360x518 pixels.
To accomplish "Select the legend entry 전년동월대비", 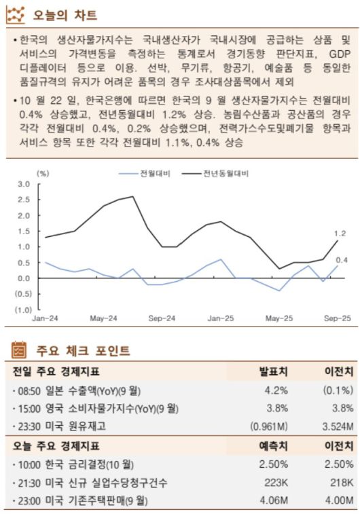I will click(x=226, y=174).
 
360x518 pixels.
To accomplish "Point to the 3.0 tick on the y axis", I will click(x=24, y=184).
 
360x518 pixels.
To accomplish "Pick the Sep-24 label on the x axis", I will click(x=162, y=318).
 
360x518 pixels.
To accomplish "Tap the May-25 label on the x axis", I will click(x=278, y=318).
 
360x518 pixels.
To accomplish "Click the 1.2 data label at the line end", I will click(x=340, y=234).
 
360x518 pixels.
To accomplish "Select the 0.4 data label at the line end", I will click(x=341, y=260).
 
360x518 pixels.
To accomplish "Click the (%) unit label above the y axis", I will click(x=43, y=174).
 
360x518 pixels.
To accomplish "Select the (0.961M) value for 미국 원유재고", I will click(x=270, y=426).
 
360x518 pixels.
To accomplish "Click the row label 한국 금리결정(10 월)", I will click(x=74, y=464).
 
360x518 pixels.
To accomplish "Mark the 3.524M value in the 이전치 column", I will click(x=335, y=426).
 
